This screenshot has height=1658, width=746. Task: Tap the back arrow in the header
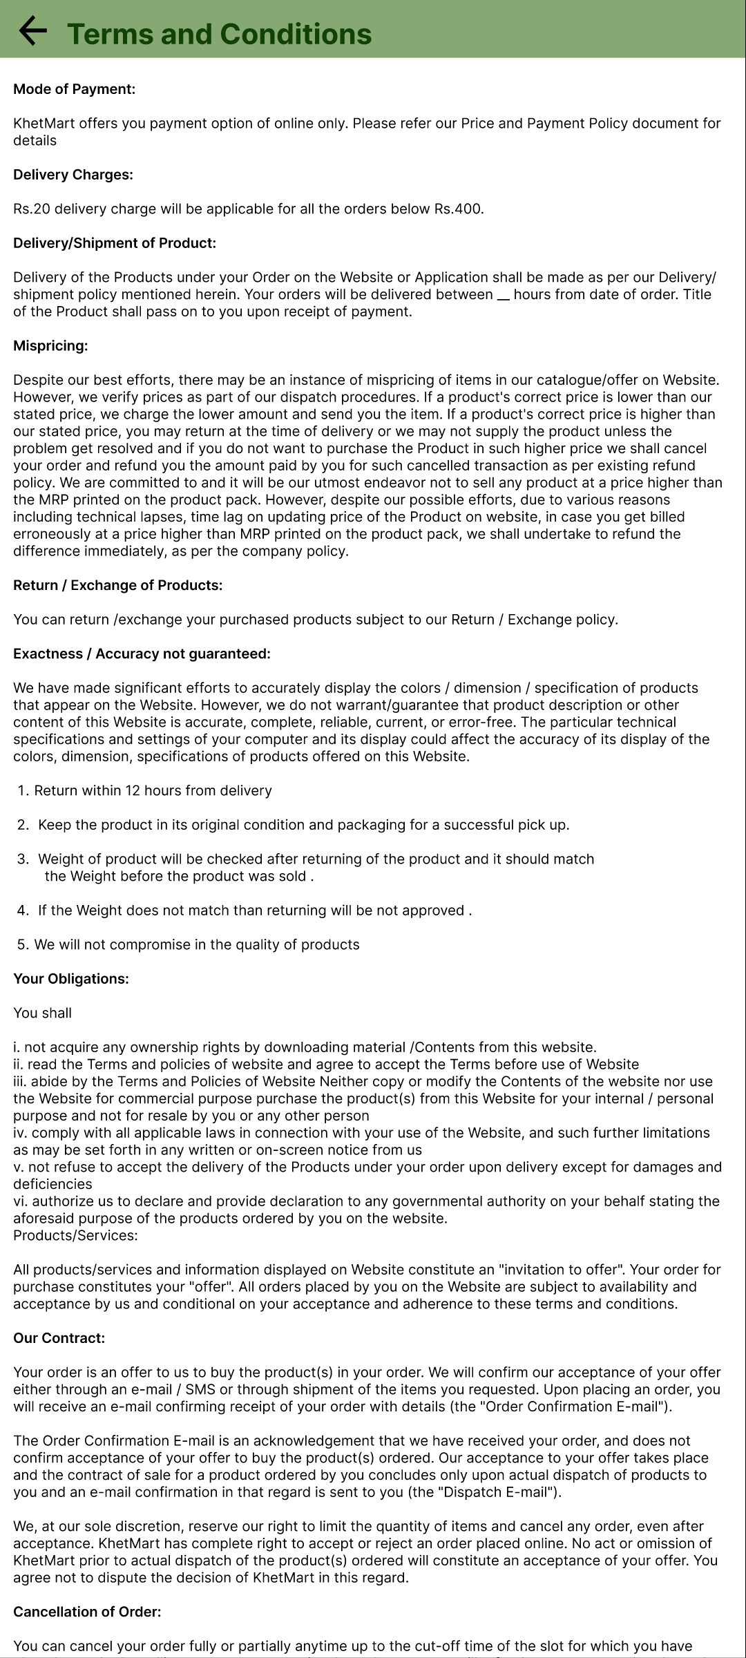click(32, 31)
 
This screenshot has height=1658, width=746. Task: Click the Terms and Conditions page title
click(220, 34)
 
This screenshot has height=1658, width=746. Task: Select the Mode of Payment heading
click(74, 89)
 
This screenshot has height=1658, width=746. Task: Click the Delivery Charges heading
click(73, 175)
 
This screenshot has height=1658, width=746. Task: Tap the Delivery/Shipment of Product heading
click(115, 243)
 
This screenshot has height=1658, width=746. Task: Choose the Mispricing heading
click(50, 346)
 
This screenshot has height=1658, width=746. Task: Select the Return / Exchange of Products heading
click(117, 585)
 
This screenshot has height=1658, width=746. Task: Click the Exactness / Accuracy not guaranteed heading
click(142, 654)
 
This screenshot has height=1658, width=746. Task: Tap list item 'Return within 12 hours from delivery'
click(153, 790)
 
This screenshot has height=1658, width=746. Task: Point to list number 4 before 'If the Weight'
click(23, 911)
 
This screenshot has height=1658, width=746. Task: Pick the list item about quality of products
click(196, 944)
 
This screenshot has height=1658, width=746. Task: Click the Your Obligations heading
click(71, 979)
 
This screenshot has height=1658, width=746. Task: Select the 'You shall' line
click(42, 1013)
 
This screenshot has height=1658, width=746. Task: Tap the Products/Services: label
click(75, 1235)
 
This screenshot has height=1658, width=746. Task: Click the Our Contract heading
click(59, 1338)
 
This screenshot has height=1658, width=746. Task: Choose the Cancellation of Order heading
click(87, 1612)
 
